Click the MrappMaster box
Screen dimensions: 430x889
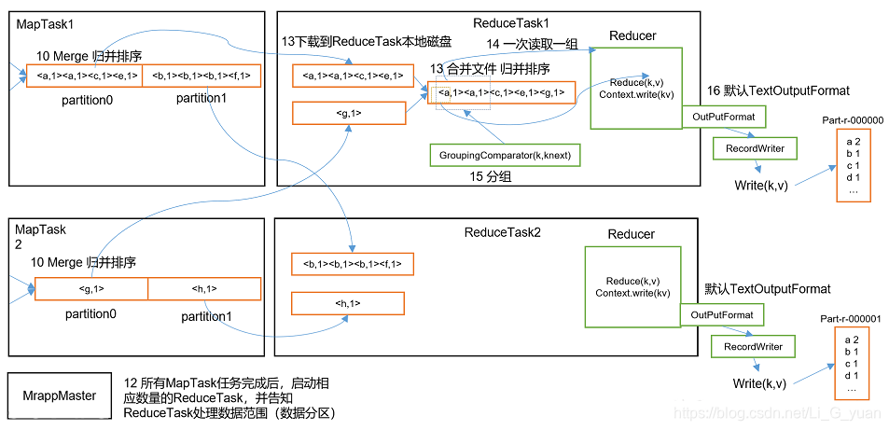click(x=60, y=395)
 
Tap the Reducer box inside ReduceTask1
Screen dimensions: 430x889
click(x=633, y=89)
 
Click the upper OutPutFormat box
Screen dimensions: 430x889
click(x=723, y=117)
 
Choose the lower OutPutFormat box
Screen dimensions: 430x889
click(x=722, y=315)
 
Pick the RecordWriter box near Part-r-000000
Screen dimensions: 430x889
click(x=755, y=147)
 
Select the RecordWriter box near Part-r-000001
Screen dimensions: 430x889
click(x=754, y=347)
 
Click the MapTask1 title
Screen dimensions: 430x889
click(x=44, y=21)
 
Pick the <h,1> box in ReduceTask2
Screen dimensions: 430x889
click(x=347, y=303)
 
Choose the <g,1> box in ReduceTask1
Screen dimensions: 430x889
click(x=348, y=113)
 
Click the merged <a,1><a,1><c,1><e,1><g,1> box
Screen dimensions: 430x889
click(x=501, y=92)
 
